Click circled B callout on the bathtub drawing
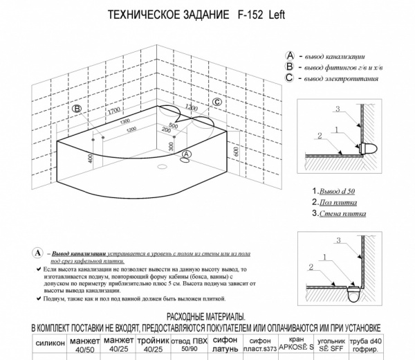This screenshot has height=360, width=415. click(x=77, y=109)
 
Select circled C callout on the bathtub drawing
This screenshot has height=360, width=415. click(x=216, y=102)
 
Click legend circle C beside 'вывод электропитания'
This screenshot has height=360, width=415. click(x=290, y=78)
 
